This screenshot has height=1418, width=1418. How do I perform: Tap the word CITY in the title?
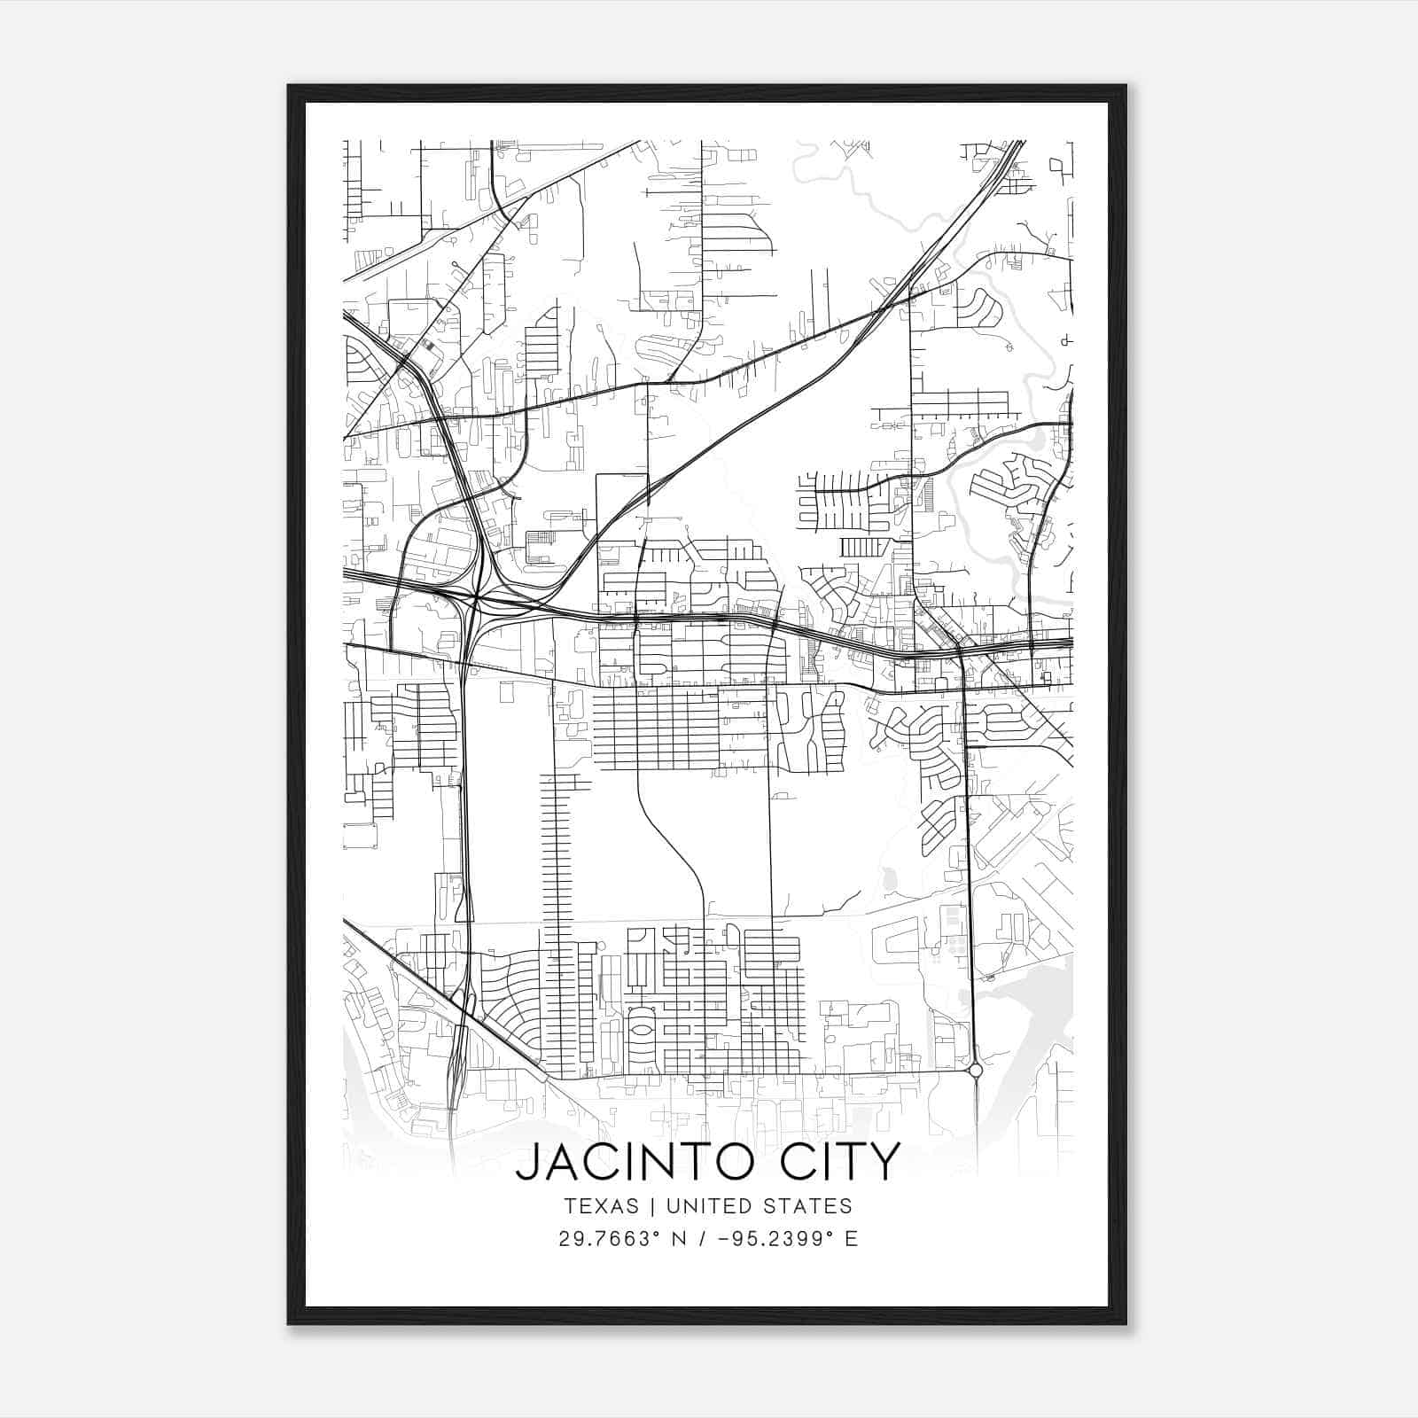(841, 1162)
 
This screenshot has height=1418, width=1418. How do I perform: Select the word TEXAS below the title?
(600, 1206)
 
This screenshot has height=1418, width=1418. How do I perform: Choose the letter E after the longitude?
(852, 1239)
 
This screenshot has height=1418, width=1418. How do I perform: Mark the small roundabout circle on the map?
(976, 1071)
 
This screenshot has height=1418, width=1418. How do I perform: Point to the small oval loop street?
(641, 1032)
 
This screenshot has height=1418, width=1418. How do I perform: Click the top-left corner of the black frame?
(288, 86)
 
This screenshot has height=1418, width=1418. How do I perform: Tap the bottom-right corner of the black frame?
(1126, 1323)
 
